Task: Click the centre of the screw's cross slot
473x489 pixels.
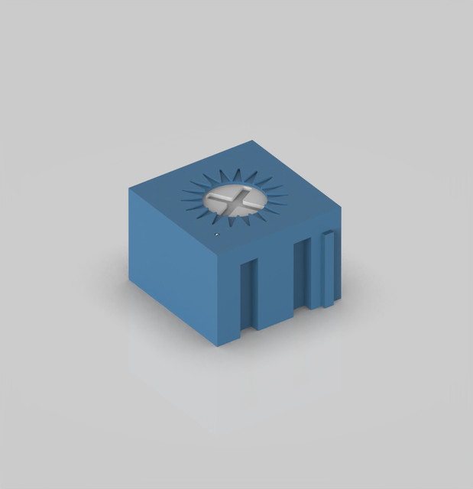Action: pyautogui.click(x=235, y=200)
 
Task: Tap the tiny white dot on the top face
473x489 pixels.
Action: pyautogui.click(x=217, y=235)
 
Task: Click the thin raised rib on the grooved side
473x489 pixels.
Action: pyautogui.click(x=327, y=269)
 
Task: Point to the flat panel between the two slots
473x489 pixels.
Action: pyautogui.click(x=276, y=287)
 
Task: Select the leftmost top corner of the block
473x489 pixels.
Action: pyautogui.click(x=130, y=189)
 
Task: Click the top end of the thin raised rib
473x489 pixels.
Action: pyautogui.click(x=327, y=233)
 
